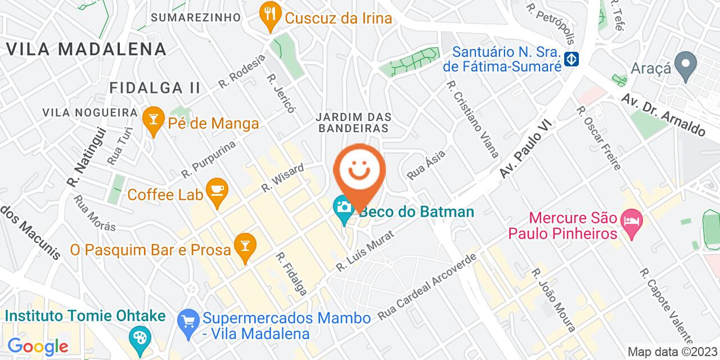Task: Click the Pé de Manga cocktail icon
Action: (x=152, y=119)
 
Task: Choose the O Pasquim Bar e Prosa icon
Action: (x=245, y=246)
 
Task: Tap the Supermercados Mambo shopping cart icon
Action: (x=186, y=321)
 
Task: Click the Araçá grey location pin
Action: (x=686, y=64)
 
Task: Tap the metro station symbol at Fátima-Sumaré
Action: (x=572, y=58)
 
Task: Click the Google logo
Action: (x=38, y=346)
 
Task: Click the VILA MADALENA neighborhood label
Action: (x=87, y=49)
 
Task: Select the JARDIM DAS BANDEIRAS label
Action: (x=353, y=123)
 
